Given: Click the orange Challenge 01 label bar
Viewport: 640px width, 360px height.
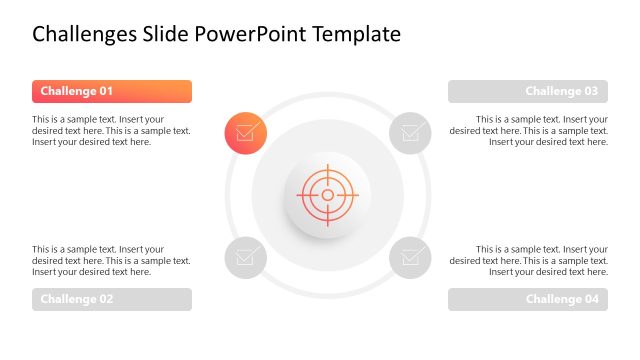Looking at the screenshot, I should [111, 92].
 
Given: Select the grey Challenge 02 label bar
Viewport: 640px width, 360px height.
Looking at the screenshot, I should [111, 299].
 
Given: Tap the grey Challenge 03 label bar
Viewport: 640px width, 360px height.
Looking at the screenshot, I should [527, 92].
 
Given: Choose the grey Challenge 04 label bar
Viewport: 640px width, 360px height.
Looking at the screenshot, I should [527, 299].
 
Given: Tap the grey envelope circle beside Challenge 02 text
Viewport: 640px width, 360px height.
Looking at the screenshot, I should [245, 257].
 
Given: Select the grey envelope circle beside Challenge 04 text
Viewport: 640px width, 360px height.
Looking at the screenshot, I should [410, 257].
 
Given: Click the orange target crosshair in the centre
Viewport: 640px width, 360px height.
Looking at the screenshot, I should [327, 194].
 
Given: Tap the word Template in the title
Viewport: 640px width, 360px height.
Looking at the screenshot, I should [357, 35].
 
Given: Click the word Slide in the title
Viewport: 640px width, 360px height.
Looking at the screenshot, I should [167, 35].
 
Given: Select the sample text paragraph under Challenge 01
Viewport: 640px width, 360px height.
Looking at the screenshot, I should [111, 130].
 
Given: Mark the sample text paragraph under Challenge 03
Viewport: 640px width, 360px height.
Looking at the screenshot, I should [528, 130].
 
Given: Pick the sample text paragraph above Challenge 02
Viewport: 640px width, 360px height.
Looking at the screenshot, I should [111, 260].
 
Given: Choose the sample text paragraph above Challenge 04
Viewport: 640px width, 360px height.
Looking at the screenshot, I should [528, 260].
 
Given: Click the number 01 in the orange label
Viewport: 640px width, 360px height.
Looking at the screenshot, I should [104, 92].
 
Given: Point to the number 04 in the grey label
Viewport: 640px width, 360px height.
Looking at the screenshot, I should [590, 299].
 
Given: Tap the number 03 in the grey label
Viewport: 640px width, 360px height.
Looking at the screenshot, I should [590, 92].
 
